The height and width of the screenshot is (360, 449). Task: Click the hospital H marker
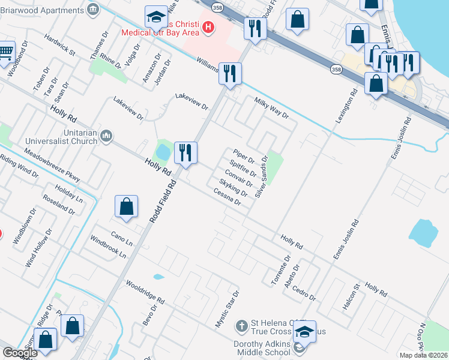click(x=208, y=26)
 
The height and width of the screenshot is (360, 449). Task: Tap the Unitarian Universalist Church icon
click(x=107, y=136)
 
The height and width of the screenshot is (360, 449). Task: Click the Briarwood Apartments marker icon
click(x=92, y=9)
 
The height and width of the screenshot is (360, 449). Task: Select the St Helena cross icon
click(x=241, y=326)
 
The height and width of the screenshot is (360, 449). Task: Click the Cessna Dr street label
click(x=227, y=197)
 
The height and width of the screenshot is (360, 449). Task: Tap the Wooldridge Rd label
click(x=145, y=290)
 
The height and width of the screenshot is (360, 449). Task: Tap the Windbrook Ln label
click(x=109, y=246)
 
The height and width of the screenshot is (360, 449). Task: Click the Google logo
click(x=20, y=353)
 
